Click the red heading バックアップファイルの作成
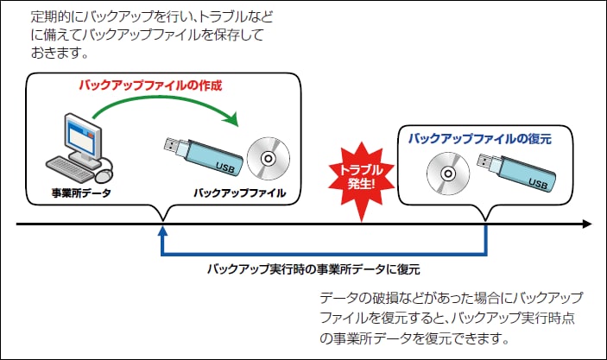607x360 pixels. click(150, 85)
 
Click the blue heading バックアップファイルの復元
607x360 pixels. click(480, 139)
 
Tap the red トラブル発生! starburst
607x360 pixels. click(361, 181)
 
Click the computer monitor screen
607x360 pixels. click(81, 136)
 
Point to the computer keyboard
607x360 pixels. click(70, 169)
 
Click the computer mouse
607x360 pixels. click(104, 176)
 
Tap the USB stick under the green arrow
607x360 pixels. click(204, 156)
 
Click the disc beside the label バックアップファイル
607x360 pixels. click(269, 158)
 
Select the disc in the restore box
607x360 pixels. click(448, 174)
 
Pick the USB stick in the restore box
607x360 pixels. click(516, 172)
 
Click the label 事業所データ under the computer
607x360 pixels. click(81, 193)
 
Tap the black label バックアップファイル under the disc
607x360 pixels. click(240, 193)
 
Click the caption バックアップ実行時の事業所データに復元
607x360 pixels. click(313, 269)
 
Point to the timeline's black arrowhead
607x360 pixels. click(587, 224)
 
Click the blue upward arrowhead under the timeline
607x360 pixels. click(163, 231)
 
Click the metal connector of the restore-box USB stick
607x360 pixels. click(484, 161)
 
